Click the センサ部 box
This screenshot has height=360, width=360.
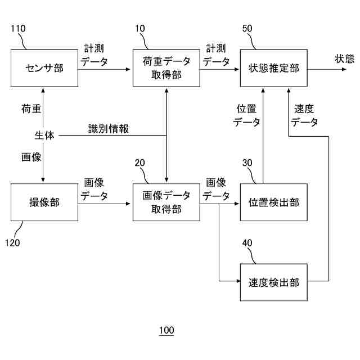[x=44, y=68]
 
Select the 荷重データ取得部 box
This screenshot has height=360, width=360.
[x=166, y=68]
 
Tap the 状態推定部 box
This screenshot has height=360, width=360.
[x=274, y=68]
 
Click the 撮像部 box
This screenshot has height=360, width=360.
[x=44, y=202]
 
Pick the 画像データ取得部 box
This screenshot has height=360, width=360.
[x=166, y=202]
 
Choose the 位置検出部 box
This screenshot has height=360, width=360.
[x=274, y=202]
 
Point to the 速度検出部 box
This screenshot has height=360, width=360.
[x=274, y=282]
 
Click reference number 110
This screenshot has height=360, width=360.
[x=18, y=29]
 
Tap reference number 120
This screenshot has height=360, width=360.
[x=12, y=242]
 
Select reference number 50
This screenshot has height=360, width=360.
[x=247, y=29]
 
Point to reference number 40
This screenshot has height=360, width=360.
[x=247, y=242]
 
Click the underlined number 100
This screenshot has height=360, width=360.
[x=166, y=330]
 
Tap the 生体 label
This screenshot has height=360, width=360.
[x=44, y=135]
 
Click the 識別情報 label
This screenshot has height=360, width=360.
[x=109, y=129]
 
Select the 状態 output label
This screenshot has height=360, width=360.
[x=345, y=58]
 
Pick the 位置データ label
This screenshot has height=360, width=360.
[x=246, y=115]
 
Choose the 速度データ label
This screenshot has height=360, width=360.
[x=304, y=115]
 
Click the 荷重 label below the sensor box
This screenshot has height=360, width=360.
[x=31, y=109]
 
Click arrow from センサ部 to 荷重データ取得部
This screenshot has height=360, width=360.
[x=104, y=69]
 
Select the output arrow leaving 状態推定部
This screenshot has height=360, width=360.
[x=327, y=69]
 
